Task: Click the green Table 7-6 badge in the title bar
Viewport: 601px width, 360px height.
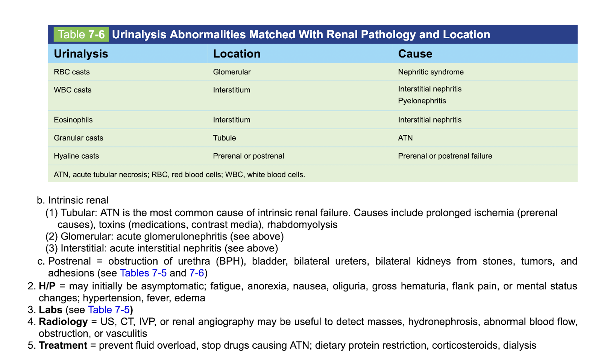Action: (81, 35)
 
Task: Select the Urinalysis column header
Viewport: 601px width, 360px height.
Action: (81, 54)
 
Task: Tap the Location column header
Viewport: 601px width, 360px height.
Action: (237, 54)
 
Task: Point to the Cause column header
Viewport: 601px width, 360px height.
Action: (415, 54)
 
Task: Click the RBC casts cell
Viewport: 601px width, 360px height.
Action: (72, 72)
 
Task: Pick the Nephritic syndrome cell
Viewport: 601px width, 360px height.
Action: (431, 72)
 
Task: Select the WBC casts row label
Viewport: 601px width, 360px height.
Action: (73, 90)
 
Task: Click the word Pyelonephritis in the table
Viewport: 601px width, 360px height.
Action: (422, 101)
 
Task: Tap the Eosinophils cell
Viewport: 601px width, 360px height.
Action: (73, 120)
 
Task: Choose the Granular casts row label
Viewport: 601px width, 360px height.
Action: (78, 138)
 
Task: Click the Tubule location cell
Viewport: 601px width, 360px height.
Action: (225, 138)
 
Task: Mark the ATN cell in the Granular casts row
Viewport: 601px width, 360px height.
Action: (405, 138)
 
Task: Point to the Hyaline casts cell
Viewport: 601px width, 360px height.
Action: (76, 156)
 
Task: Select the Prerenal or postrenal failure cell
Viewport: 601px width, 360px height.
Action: (445, 156)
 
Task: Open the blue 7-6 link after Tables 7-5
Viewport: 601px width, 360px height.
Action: (196, 273)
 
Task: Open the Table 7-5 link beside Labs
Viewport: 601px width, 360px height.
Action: (109, 310)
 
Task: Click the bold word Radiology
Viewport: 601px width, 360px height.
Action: (63, 322)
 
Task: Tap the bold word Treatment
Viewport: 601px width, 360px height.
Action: (63, 345)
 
